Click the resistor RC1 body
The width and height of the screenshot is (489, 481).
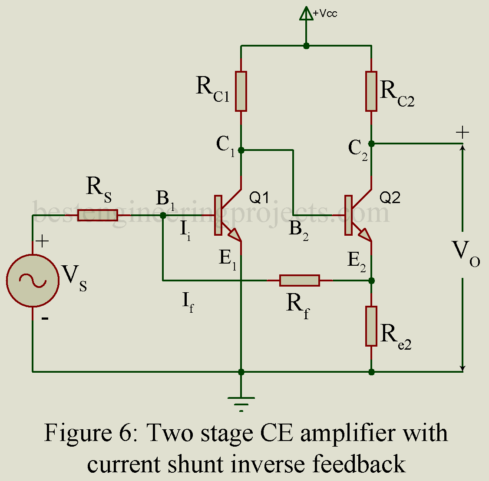241,91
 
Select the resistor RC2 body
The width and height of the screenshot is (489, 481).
371,91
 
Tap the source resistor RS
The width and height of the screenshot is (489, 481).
98,215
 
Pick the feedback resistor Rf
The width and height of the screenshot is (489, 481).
300,281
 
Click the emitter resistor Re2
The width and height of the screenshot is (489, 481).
371,326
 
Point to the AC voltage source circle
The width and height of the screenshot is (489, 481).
33,281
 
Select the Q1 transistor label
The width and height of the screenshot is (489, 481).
259,198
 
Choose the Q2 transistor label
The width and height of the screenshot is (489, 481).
390,198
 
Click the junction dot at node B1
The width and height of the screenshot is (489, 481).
163,215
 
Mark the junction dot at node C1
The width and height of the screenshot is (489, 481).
241,150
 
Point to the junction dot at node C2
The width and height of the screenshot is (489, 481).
371,143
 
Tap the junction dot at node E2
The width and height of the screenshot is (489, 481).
371,281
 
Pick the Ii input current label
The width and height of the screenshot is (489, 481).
185,231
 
